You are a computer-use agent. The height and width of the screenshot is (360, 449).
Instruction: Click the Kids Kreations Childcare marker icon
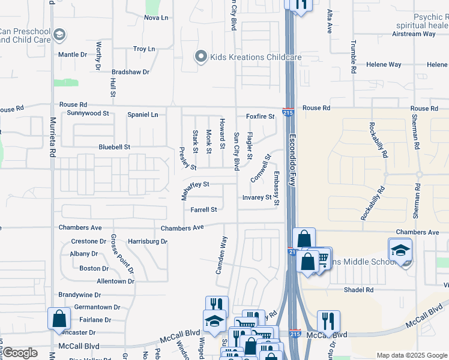point(200,57)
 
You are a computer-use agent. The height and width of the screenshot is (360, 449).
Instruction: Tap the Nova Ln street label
point(156,17)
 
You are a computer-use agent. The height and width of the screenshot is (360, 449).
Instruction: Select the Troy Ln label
point(143,49)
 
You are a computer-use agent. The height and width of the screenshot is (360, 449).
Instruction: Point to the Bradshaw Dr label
point(129,71)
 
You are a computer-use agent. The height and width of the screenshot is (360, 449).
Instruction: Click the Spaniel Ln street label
point(146,114)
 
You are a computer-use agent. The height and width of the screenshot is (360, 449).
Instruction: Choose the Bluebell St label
point(114,146)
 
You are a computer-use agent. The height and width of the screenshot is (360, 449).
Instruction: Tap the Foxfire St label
point(259,116)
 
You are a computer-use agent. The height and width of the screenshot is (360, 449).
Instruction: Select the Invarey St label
point(257,197)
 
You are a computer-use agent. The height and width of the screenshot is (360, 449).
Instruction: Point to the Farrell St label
point(203,210)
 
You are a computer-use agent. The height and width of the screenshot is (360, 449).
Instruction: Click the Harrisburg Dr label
point(147,241)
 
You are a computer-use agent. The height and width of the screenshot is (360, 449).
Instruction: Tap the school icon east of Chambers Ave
point(400,250)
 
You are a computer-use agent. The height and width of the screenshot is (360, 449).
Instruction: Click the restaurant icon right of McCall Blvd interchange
point(328,320)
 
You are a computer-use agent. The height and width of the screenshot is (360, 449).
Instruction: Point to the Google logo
point(19,353)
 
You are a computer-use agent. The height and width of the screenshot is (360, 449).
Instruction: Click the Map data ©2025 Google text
point(411,355)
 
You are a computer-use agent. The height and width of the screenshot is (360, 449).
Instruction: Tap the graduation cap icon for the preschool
point(59,35)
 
